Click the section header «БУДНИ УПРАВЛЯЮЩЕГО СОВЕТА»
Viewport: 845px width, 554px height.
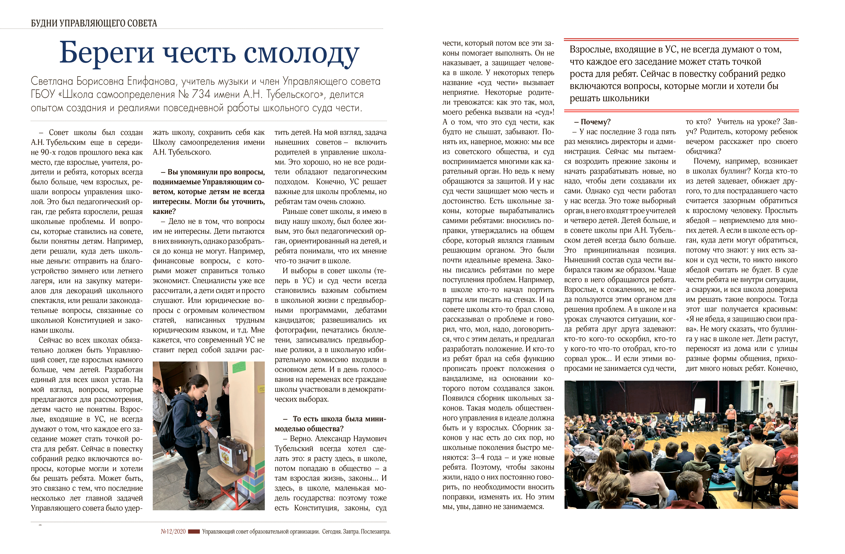click(94, 23)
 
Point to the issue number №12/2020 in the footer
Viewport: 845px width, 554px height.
click(173, 532)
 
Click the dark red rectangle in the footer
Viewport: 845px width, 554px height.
click(194, 532)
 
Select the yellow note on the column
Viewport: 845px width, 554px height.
click(262, 389)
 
